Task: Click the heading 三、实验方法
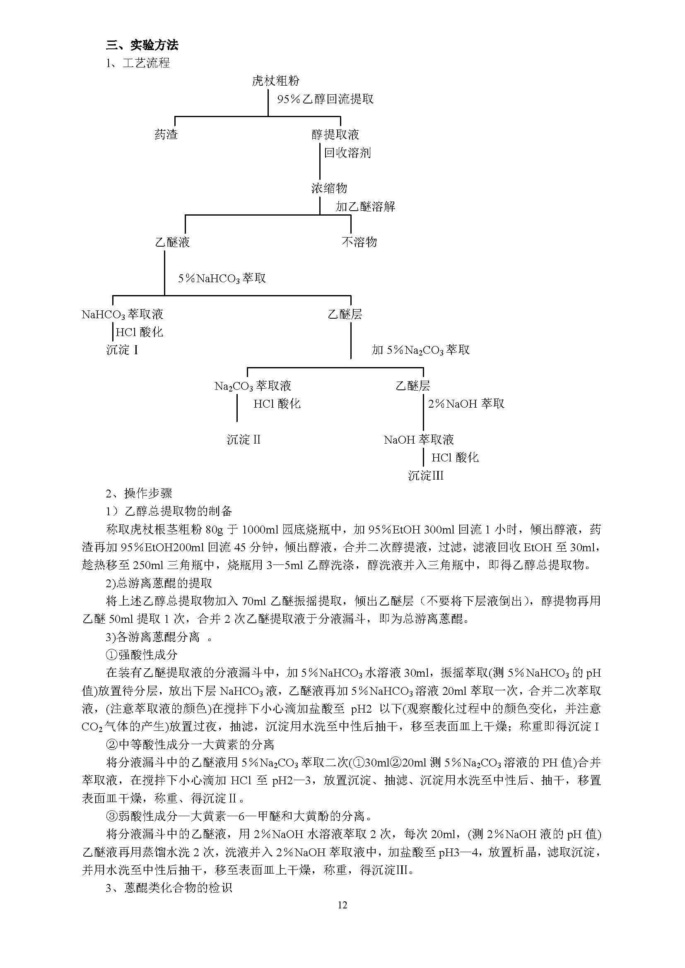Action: coord(142,45)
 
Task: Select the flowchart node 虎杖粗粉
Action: coord(275,81)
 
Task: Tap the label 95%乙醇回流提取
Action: coord(325,99)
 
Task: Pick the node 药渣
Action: coord(166,135)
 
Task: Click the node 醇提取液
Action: coord(335,135)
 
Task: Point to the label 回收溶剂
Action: coord(347,153)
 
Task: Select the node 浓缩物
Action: coord(329,188)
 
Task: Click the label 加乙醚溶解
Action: coord(365,207)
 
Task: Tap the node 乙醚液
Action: coord(173,242)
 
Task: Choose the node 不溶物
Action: coord(359,242)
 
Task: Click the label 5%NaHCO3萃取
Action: coord(222,278)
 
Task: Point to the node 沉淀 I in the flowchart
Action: coord(122,350)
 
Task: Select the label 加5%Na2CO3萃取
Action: coord(420,350)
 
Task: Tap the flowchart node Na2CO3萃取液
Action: coord(253,386)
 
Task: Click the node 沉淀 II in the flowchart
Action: coord(244,440)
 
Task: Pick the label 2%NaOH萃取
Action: coord(466,404)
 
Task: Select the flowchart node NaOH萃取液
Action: coord(419,440)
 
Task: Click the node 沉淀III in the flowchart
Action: coord(426,476)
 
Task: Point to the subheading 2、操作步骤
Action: coord(139,493)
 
